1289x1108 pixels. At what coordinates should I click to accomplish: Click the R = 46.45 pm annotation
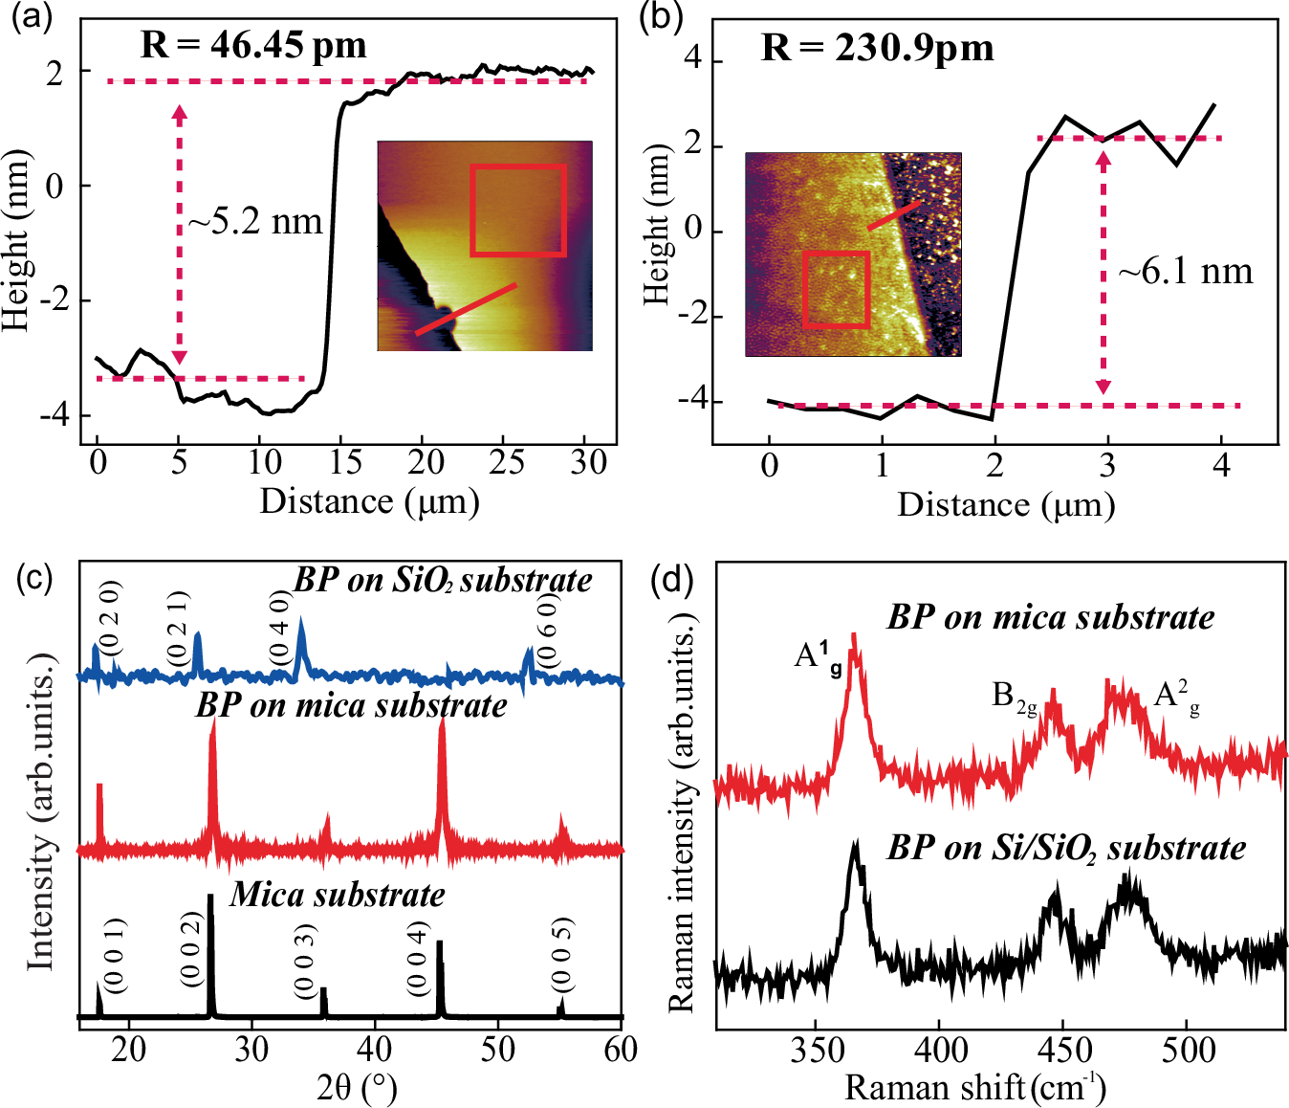click(x=253, y=45)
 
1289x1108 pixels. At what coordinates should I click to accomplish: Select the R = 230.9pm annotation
click(x=877, y=47)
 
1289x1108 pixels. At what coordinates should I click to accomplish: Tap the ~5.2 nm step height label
click(x=255, y=222)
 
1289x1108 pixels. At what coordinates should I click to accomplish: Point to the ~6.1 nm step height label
click(x=1186, y=272)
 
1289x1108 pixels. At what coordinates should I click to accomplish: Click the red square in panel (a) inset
click(x=517, y=211)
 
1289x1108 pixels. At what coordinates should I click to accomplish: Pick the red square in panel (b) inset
click(x=836, y=289)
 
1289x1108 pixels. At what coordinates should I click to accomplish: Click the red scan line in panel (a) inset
click(x=466, y=309)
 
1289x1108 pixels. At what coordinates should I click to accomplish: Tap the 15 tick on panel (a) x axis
click(x=345, y=463)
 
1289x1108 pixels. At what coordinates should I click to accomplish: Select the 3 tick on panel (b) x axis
click(x=1106, y=466)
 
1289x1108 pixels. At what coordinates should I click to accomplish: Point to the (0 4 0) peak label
click(x=280, y=627)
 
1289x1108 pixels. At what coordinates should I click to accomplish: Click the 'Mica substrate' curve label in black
click(x=337, y=895)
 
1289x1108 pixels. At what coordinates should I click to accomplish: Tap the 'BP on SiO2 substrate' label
click(x=442, y=580)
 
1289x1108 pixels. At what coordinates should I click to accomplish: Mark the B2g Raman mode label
click(x=1014, y=697)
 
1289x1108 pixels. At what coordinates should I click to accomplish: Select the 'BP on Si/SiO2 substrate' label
click(x=1066, y=848)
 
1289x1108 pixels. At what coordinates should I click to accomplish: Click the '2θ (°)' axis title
click(x=356, y=1087)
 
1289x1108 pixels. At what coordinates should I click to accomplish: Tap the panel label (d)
click(x=672, y=580)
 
